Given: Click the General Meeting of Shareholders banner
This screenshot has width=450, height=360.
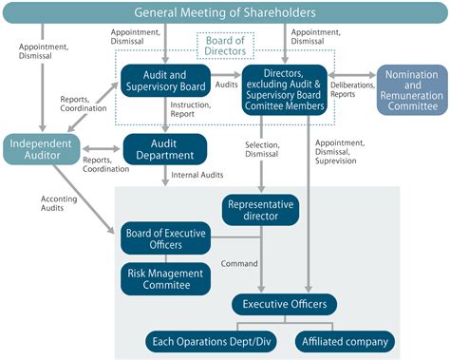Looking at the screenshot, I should (x=224, y=13).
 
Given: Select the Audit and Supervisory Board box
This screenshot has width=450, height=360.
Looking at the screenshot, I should (x=166, y=83).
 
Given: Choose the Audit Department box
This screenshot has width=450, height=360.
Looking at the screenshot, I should (x=165, y=148).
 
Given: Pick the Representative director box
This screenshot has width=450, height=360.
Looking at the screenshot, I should (x=260, y=209).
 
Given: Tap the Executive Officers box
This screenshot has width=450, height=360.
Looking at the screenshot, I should (x=285, y=304).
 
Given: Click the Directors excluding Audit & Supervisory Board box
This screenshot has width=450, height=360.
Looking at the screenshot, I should (x=285, y=90).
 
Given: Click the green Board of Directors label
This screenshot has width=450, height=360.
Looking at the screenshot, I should (x=225, y=46).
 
